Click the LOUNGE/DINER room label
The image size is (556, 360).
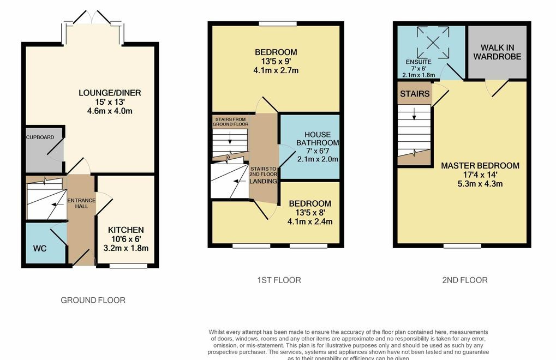(x=109, y=93)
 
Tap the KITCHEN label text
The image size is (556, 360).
(x=125, y=230)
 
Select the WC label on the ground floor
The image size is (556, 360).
(x=39, y=248)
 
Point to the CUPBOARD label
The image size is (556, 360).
(x=40, y=137)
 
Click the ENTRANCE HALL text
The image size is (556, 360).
(x=81, y=203)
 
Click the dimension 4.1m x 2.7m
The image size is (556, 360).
(x=276, y=70)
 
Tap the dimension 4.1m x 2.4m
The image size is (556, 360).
(x=309, y=221)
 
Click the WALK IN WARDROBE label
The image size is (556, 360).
(x=497, y=52)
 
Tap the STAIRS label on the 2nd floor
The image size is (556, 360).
(x=415, y=94)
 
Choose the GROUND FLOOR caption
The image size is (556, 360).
(x=93, y=300)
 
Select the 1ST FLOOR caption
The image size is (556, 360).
(x=279, y=280)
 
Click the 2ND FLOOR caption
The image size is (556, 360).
(x=464, y=280)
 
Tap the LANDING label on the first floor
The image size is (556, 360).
(x=263, y=181)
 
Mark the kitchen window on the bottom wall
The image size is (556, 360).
(x=128, y=266)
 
